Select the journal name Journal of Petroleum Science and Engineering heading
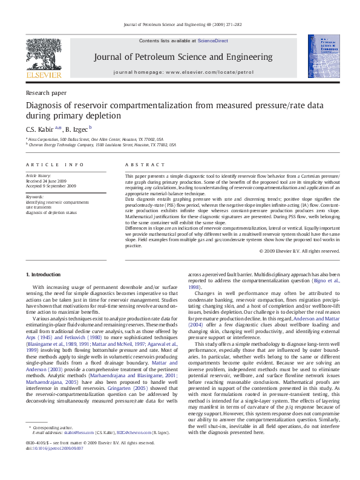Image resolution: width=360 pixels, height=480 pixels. pyautogui.click(x=182, y=57)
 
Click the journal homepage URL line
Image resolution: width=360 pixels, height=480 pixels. pyautogui.click(x=183, y=72)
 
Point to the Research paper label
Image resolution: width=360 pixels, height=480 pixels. pyautogui.click(x=46, y=93)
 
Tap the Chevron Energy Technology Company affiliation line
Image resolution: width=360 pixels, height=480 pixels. pyautogui.click(x=103, y=144)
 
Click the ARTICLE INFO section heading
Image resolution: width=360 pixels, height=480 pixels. pyautogui.click(x=47, y=164)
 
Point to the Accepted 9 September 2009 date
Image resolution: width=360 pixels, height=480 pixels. pyautogui.click(x=51, y=186)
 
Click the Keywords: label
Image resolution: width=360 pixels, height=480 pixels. pyautogui.click(x=34, y=196)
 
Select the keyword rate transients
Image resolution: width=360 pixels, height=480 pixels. pyautogui.click(x=39, y=207)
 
